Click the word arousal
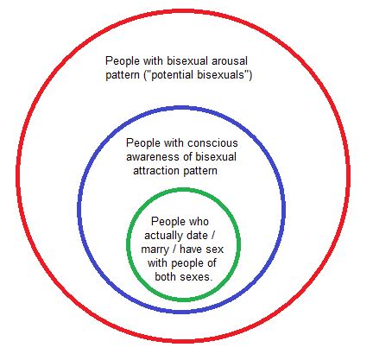pyautogui.click(x=230, y=61)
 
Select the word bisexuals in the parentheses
pyautogui.click(x=222, y=75)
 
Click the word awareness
pyautogui.click(x=153, y=157)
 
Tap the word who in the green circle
pyautogui.click(x=198, y=222)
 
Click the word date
pyautogui.click(x=197, y=236)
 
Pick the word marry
pyautogui.click(x=155, y=249)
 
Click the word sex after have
pyautogui.click(x=214, y=249)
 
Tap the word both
pyautogui.click(x=166, y=277)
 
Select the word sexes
pyautogui.click(x=196, y=277)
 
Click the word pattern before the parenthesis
pyautogui.click(x=123, y=75)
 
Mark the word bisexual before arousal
pyautogui.click(x=187, y=61)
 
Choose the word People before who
pyautogui.click(x=168, y=222)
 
